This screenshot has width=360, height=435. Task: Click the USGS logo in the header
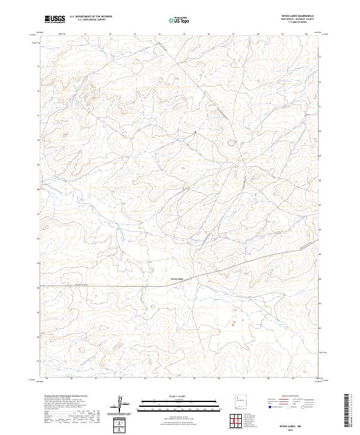point(55,19)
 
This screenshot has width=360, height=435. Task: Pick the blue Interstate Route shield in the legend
point(269,406)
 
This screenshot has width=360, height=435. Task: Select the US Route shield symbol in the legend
point(287,406)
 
